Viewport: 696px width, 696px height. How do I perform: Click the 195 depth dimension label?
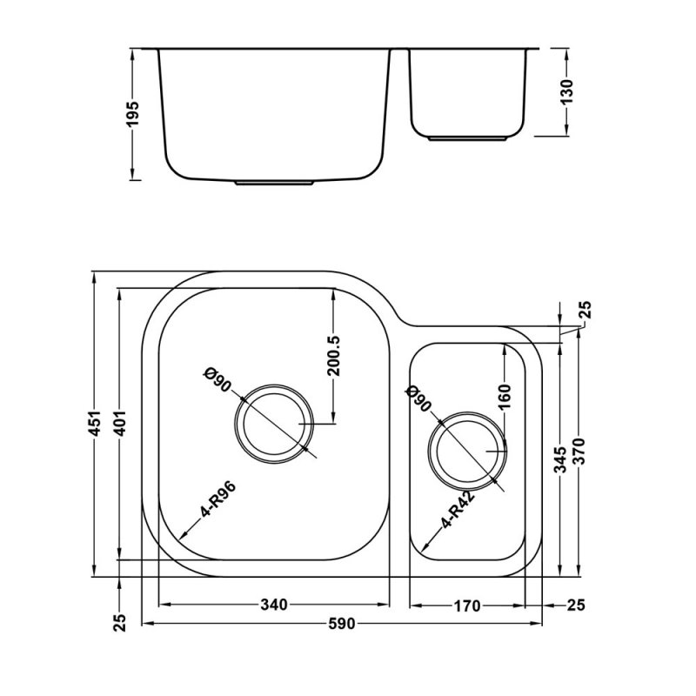(x=132, y=113)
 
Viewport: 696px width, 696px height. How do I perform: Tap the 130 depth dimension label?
(x=567, y=91)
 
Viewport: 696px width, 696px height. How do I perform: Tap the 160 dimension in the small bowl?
(x=505, y=399)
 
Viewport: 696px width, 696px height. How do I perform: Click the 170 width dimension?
(x=466, y=606)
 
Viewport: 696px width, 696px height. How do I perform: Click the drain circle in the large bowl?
(x=273, y=424)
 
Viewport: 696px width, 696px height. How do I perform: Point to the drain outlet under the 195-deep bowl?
(x=274, y=183)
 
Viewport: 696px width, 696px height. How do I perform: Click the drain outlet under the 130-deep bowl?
(x=470, y=138)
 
